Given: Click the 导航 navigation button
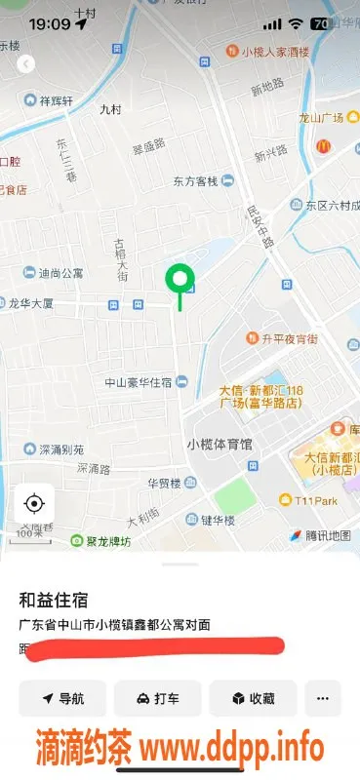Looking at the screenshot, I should [62, 698].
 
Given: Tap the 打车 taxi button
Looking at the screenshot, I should [157, 698].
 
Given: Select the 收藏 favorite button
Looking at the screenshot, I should [252, 698].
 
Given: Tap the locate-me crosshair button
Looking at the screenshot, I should [34, 503].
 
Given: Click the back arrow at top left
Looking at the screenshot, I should [26, 63].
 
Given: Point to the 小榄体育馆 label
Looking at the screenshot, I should [219, 444].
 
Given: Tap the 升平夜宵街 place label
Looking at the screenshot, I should [290, 339].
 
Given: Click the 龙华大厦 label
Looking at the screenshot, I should [35, 303].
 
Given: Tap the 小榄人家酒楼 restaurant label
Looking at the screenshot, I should [268, 51].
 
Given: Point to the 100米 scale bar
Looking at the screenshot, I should [30, 532].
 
